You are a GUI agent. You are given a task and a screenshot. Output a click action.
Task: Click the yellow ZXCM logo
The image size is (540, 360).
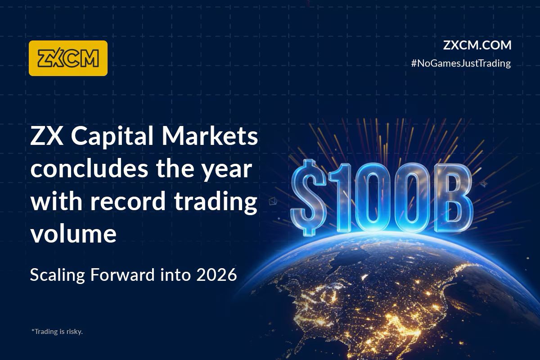point(68,58)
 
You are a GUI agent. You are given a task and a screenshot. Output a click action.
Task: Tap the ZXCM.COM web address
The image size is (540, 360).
point(477,45)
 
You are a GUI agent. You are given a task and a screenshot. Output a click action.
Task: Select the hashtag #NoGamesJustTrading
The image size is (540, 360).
point(461,63)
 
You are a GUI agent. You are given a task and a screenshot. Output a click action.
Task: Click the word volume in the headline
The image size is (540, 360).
point(73,234)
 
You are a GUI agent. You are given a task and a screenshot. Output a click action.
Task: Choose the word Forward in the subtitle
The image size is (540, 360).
point(121,274)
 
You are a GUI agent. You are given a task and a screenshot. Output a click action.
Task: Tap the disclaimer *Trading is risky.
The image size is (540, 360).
point(57,332)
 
